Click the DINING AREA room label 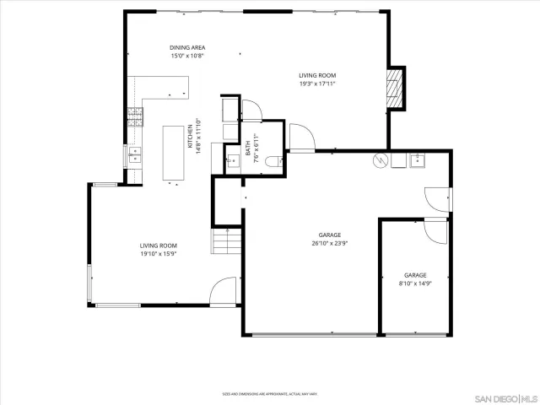pos(188,47)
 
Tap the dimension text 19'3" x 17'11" pos(317,84)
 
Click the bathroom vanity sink pos(233,157)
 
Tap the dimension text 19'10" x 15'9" pos(158,253)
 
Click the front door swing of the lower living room pos(223,293)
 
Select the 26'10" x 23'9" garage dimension pos(329,243)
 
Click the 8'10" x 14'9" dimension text pos(414,283)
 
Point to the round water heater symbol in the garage pos(379,159)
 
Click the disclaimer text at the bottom pos(269,393)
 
